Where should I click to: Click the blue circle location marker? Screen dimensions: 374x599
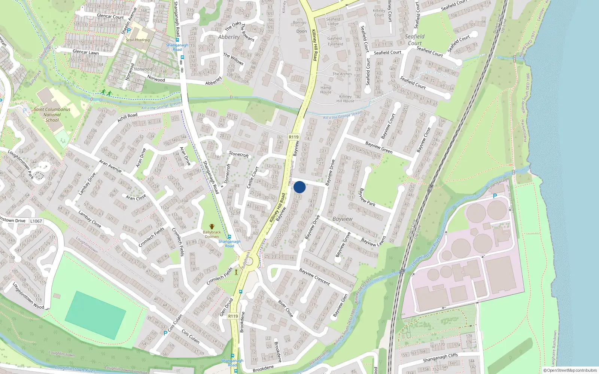[x=299, y=187]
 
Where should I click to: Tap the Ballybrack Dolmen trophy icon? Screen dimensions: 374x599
[x=212, y=227]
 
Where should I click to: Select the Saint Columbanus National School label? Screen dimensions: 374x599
[x=52, y=115]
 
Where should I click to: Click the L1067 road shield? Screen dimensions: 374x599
[x=36, y=221]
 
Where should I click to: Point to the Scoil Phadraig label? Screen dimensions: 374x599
[x=138, y=40]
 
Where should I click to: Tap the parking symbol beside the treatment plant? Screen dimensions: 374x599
[x=495, y=196]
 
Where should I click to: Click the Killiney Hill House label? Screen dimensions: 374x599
[x=345, y=99]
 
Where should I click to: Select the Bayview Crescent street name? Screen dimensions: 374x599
[x=314, y=277]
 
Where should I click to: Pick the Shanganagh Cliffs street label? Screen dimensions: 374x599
[x=440, y=358]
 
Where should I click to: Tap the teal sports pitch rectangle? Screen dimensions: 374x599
[x=95, y=315]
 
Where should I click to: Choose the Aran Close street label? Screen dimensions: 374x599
[x=136, y=197]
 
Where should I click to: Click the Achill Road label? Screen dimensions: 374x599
[x=127, y=117]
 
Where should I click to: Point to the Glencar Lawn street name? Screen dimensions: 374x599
[x=86, y=52]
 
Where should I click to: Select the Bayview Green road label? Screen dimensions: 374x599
[x=378, y=147]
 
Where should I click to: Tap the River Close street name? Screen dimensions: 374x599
[x=286, y=308]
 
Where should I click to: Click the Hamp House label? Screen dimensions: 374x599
[x=326, y=90]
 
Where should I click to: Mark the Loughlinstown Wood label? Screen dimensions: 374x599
[x=28, y=295]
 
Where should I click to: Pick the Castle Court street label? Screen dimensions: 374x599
[x=252, y=177]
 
